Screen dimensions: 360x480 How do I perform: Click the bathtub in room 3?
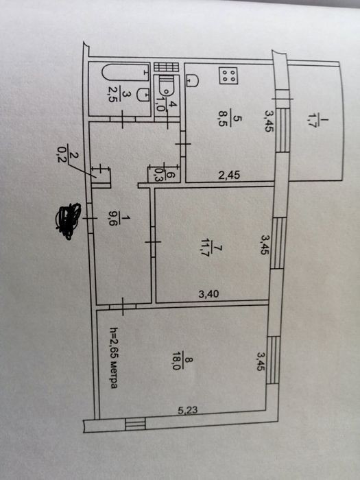125,73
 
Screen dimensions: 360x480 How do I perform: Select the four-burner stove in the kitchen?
228,75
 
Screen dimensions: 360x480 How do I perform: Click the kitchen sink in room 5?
192,80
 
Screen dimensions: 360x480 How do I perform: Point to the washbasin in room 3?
143,95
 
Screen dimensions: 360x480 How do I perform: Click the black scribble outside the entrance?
68,220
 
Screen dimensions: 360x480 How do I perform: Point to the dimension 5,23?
188,410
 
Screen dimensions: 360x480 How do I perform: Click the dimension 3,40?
208,294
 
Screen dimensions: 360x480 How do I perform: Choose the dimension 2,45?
229,175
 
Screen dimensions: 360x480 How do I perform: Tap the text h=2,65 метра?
114,358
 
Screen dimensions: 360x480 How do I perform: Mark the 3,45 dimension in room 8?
261,361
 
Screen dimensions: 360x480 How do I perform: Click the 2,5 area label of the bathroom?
112,95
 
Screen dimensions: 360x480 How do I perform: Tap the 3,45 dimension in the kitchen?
269,121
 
